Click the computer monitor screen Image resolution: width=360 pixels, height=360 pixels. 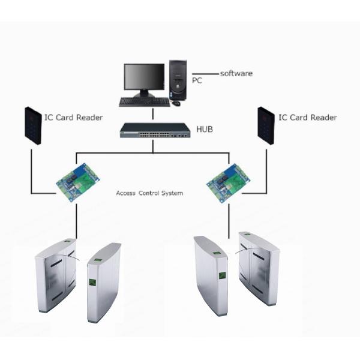click(144, 77)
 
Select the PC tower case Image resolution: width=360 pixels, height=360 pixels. click(178, 80)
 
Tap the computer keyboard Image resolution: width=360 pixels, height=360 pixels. click(144, 102)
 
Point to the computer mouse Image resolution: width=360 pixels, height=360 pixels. click(176, 103)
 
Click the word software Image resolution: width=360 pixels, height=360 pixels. click(236, 73)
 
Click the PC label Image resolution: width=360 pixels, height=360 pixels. click(197, 79)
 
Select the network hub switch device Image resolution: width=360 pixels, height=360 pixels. click(153, 131)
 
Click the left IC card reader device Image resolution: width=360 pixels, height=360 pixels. click(33, 125)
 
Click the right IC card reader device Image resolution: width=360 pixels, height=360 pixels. click(266, 125)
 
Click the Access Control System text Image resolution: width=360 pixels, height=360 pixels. click(149, 193)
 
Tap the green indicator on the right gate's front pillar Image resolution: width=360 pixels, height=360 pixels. click(221, 276)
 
